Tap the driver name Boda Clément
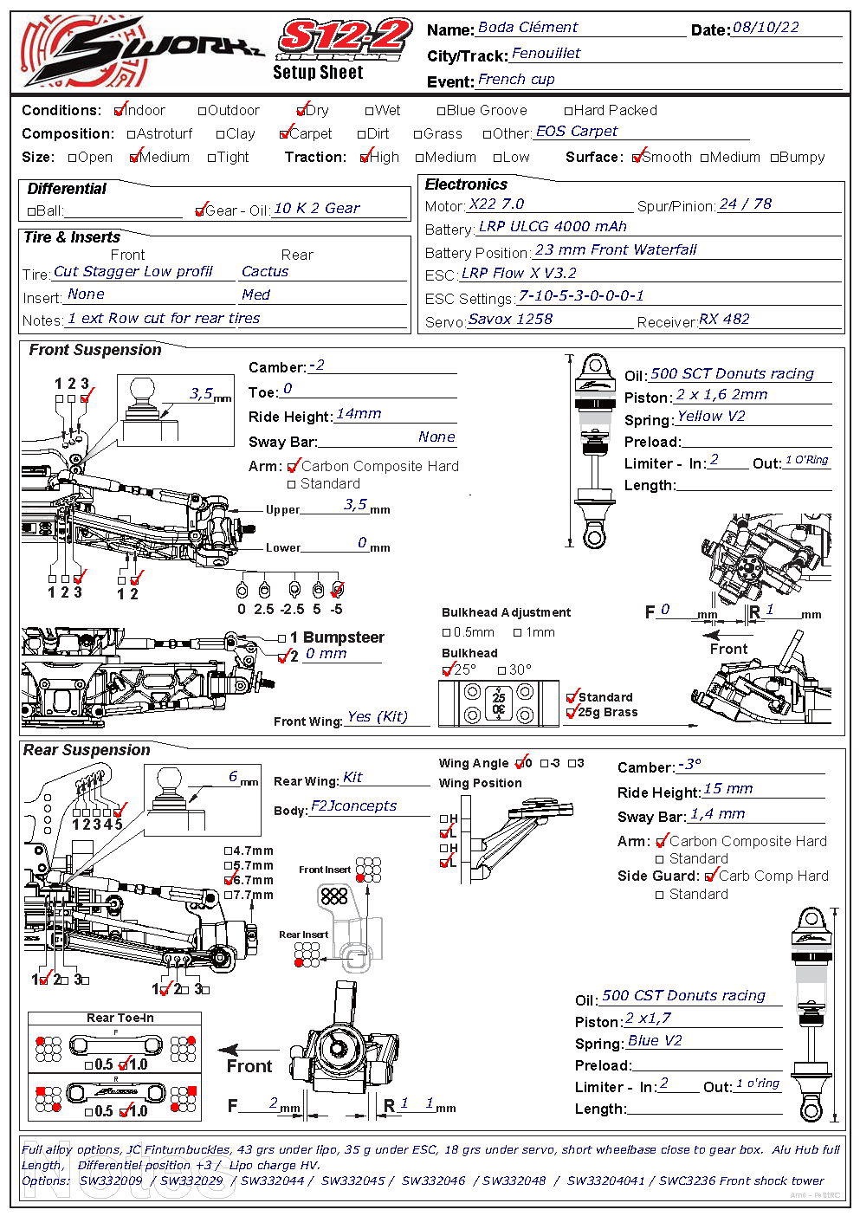pyautogui.click(x=527, y=28)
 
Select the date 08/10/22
pyautogui.click(x=766, y=28)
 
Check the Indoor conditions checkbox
pyautogui.click(x=119, y=111)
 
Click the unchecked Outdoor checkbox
pyautogui.click(x=203, y=111)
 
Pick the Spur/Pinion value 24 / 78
pyautogui.click(x=745, y=204)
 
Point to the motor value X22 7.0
pyautogui.click(x=496, y=204)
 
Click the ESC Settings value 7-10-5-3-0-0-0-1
pyautogui.click(x=581, y=296)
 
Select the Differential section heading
pyautogui.click(x=67, y=189)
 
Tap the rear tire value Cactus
pyautogui.click(x=265, y=272)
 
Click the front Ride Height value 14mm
pyautogui.click(x=359, y=414)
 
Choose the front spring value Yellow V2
pyautogui.click(x=711, y=417)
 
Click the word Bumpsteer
pyautogui.click(x=344, y=637)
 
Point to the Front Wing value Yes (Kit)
pyautogui.click(x=377, y=717)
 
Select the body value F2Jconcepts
pyautogui.click(x=353, y=806)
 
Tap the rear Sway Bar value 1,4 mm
pyautogui.click(x=717, y=814)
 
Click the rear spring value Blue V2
pyautogui.click(x=655, y=1041)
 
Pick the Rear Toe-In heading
pyautogui.click(x=120, y=1019)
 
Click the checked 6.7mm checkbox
pyautogui.click(x=229, y=880)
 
